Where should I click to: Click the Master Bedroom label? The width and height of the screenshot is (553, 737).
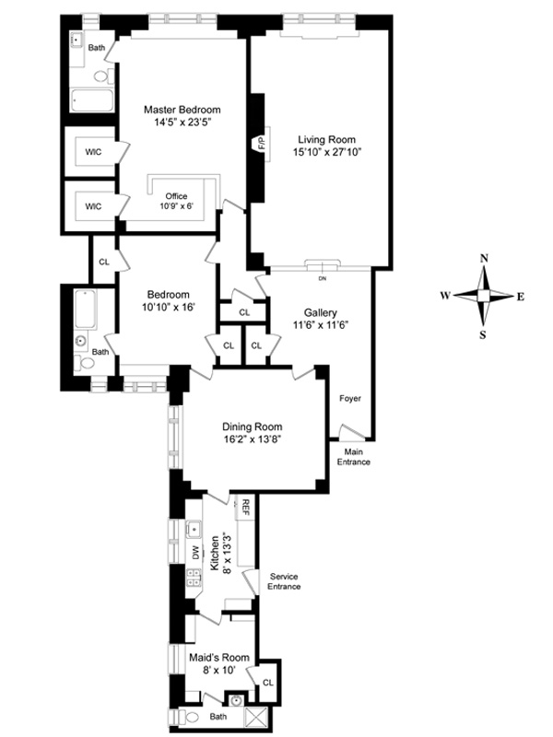(x=182, y=110)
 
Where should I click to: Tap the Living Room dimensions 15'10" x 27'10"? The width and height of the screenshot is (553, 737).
(x=327, y=152)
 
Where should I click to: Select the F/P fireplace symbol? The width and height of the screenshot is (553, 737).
(x=260, y=144)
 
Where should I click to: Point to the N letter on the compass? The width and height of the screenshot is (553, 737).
(x=484, y=259)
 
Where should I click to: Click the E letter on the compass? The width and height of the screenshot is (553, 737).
(x=521, y=297)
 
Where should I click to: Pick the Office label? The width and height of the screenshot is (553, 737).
(x=176, y=196)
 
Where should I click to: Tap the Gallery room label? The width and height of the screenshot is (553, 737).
(x=320, y=312)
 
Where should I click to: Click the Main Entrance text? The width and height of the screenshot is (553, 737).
(x=354, y=457)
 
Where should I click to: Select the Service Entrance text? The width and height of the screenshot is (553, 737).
(x=284, y=581)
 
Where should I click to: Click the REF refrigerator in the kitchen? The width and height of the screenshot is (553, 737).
(x=245, y=506)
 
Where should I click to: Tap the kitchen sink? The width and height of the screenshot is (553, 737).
(x=194, y=529)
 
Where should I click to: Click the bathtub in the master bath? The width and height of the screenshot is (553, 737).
(x=92, y=100)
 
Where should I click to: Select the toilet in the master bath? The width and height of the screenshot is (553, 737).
(x=104, y=76)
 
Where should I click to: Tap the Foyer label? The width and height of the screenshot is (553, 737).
(x=350, y=399)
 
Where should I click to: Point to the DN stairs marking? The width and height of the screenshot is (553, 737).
(x=322, y=279)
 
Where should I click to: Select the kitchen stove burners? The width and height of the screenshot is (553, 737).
(x=194, y=578)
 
